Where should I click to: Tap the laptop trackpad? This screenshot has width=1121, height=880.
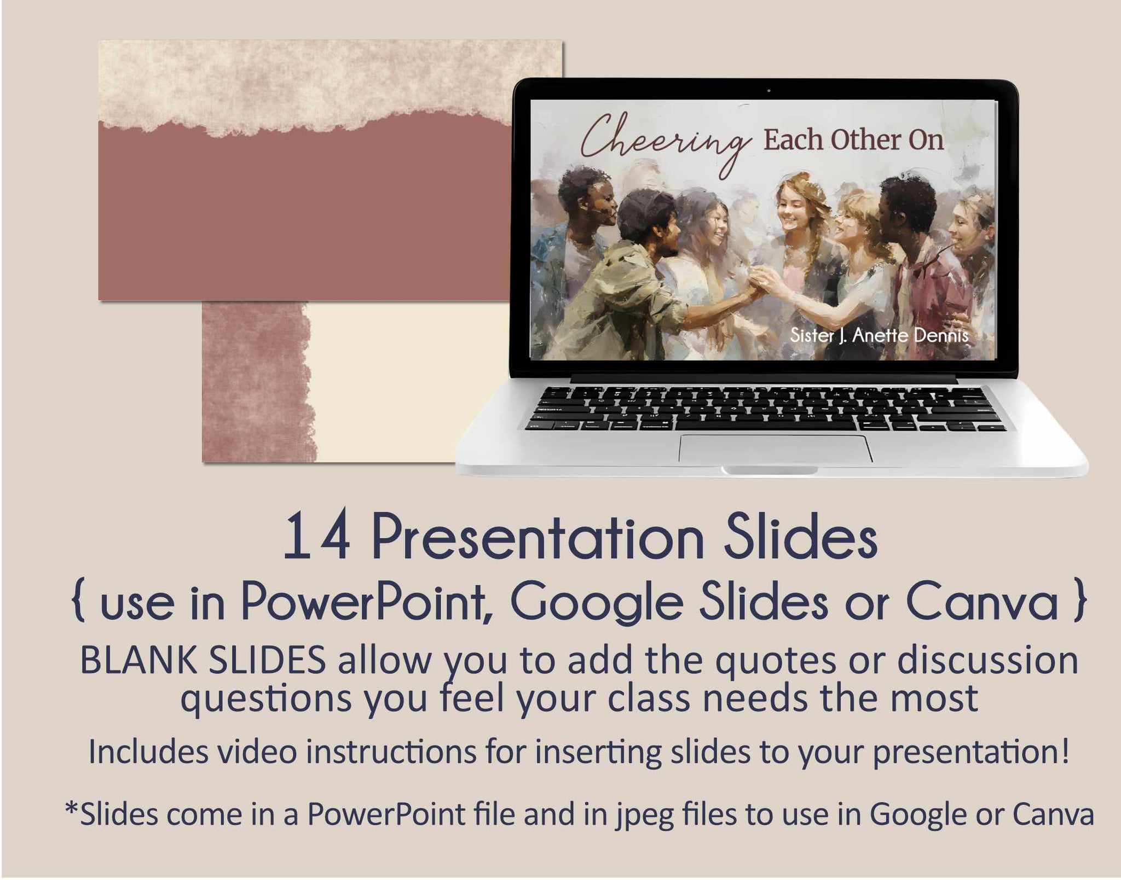click(776, 448)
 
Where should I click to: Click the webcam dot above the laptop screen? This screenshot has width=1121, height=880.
click(768, 90)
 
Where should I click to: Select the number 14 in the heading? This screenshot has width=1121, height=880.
click(317, 538)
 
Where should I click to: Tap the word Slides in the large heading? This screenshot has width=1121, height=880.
click(800, 538)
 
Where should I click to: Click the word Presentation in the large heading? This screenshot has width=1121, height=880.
click(538, 538)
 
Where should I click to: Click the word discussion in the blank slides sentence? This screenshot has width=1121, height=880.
click(987, 661)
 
